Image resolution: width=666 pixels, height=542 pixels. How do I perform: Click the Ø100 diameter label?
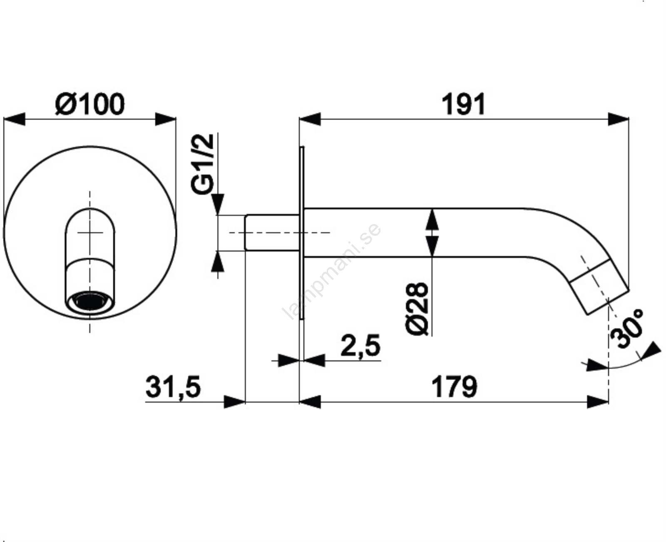coord(90,104)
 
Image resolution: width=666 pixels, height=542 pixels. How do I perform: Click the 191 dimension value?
coord(463,104)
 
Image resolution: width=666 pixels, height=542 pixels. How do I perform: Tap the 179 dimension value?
coord(455,387)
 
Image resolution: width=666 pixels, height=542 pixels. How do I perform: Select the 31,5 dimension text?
coord(173,388)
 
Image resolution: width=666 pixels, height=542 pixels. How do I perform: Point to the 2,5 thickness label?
coord(360,346)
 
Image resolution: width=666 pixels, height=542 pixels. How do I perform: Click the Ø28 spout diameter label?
coord(417,309)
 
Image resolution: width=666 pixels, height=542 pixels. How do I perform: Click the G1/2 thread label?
coord(203,164)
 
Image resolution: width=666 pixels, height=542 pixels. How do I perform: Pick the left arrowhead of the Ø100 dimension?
coord(14,119)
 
